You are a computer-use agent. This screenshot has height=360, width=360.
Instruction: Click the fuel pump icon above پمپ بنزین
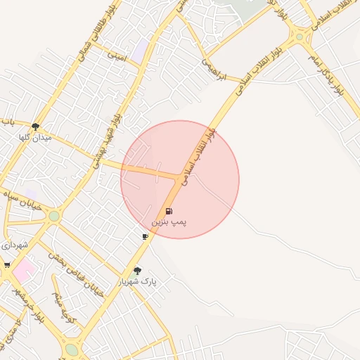[169, 211]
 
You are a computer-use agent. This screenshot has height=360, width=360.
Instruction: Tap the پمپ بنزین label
[169, 221]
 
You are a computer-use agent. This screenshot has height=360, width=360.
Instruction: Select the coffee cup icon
[145, 236]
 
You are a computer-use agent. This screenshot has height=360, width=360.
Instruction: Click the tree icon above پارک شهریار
[137, 270]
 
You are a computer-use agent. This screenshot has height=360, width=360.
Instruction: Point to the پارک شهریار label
[137, 281]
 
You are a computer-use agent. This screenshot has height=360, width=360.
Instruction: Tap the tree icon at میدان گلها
[35, 127]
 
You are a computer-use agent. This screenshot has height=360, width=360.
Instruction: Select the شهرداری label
[14, 245]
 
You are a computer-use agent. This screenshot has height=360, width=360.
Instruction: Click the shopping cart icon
[7, 265]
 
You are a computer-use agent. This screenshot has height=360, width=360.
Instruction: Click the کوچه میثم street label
[65, 303]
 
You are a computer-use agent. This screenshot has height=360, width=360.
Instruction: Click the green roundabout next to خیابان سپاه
[54, 216]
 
